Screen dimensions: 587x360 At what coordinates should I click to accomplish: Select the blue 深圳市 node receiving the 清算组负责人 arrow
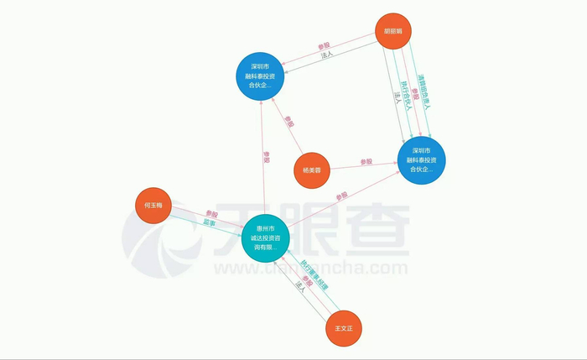421,159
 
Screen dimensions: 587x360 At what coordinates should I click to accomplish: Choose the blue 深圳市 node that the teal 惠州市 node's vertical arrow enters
260,75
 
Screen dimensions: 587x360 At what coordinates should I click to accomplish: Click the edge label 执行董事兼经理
314,274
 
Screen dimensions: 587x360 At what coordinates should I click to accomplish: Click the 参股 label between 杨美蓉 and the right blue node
366,160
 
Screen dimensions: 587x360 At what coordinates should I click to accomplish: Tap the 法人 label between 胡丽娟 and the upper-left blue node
328,55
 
